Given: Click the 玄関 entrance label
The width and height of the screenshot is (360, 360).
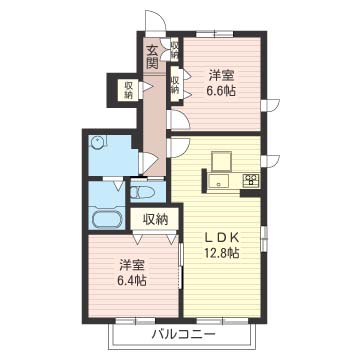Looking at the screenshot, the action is [x=152, y=57].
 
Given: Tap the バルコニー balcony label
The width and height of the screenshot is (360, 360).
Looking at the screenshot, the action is [x=182, y=334].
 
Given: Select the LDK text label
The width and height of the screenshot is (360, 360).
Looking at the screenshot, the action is [x=221, y=238].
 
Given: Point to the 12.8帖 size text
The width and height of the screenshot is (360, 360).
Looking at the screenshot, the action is [x=221, y=254].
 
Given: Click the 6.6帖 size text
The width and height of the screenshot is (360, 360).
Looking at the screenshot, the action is [x=221, y=91].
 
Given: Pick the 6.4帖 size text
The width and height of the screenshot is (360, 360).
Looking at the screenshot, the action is [x=132, y=281].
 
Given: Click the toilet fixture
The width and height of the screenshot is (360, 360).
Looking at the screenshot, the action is [x=142, y=192].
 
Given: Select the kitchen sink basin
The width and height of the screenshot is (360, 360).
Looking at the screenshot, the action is [x=219, y=181].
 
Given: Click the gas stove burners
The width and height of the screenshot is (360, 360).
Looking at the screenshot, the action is [x=252, y=180].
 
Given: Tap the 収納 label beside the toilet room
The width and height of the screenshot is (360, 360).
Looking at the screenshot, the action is [x=156, y=220].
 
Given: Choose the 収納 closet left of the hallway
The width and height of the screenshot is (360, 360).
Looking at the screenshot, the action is [x=128, y=90].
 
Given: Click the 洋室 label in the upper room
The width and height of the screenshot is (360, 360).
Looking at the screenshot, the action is [x=221, y=75].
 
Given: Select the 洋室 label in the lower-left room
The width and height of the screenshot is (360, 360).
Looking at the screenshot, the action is [x=132, y=266].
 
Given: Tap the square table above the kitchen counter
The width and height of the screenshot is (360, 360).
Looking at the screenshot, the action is [x=222, y=161].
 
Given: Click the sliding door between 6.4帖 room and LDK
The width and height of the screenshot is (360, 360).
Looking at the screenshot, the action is [x=181, y=266].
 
